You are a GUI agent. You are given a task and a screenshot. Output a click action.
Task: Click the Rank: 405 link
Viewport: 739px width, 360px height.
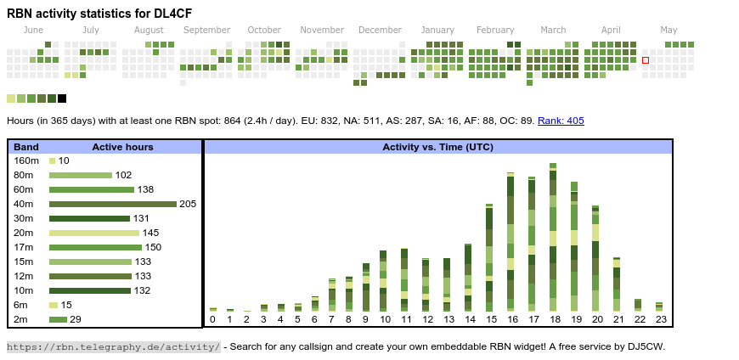pos(561,121)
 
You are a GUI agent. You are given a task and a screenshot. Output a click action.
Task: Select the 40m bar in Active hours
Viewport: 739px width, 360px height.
pos(112,204)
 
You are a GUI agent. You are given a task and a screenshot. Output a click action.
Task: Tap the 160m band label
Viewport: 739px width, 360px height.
pos(26,160)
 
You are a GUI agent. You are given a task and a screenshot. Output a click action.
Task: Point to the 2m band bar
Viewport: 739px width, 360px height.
pos(58,319)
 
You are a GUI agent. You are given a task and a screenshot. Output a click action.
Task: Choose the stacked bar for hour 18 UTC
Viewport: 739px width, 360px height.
pos(553,238)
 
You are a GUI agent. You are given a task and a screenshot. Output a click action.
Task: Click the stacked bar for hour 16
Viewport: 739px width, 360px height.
pos(511,242)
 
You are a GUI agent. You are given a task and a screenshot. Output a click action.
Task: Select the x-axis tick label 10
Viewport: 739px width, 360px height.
pos(385,319)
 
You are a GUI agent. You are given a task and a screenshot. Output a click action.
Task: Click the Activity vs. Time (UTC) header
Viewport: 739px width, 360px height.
pos(437,147)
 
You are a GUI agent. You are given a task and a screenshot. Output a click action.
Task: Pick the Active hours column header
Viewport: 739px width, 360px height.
pos(122,147)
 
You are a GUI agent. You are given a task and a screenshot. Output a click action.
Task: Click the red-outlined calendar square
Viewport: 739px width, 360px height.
pos(646,60)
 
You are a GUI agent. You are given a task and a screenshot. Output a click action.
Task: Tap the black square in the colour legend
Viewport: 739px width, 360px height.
pos(62,98)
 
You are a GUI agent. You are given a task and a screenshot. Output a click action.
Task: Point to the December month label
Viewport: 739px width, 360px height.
pos(380,31)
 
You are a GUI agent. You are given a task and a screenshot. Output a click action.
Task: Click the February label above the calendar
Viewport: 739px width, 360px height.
pos(495,31)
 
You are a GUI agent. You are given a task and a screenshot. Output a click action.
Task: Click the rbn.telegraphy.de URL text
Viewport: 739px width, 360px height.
pos(113,346)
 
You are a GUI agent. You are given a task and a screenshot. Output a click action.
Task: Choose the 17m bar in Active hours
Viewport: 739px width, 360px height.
pos(93,247)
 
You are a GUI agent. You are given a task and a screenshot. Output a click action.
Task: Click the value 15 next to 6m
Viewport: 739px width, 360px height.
pos(66,305)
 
